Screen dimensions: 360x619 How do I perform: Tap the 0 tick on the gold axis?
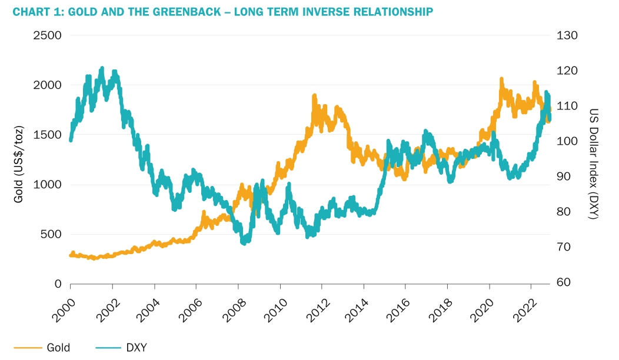tap(58, 284)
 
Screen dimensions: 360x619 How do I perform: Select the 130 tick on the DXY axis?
tap(567, 35)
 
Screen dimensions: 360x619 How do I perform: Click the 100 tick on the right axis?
tap(567, 141)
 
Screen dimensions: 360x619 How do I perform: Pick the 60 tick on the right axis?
tap(564, 282)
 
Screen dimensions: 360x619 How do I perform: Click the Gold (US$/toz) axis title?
tap(19, 159)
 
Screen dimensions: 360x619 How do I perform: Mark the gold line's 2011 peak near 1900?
tap(314, 95)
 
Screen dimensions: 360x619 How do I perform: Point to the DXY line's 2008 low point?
tap(243, 242)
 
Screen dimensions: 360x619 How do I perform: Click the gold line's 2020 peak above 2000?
tap(501, 78)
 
